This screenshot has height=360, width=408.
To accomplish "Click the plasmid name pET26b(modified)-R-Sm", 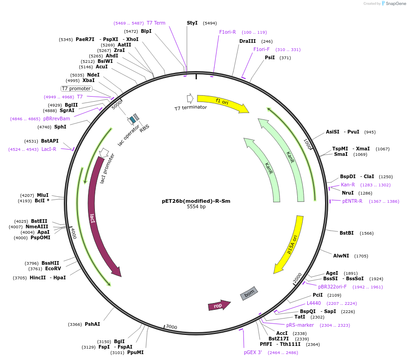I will [196, 201].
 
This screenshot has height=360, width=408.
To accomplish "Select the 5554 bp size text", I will [196, 207].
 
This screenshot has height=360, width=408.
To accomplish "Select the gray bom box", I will [249, 293].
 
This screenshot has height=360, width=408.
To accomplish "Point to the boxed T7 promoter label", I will [77, 88].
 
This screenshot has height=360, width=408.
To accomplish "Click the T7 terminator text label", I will [191, 108].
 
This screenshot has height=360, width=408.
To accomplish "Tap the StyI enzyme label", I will [192, 23].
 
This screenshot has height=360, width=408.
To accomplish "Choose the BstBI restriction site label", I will [346, 233].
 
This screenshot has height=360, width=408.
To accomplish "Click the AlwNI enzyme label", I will [341, 256].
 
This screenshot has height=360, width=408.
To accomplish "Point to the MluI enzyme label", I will [43, 195].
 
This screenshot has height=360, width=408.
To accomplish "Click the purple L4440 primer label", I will [314, 303].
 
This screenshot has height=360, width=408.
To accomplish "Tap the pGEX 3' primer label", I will [253, 352].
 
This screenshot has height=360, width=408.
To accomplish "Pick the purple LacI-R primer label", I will [49, 149].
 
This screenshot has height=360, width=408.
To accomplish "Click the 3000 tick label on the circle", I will [171, 327].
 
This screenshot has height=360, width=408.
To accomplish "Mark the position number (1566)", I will [367, 233].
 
